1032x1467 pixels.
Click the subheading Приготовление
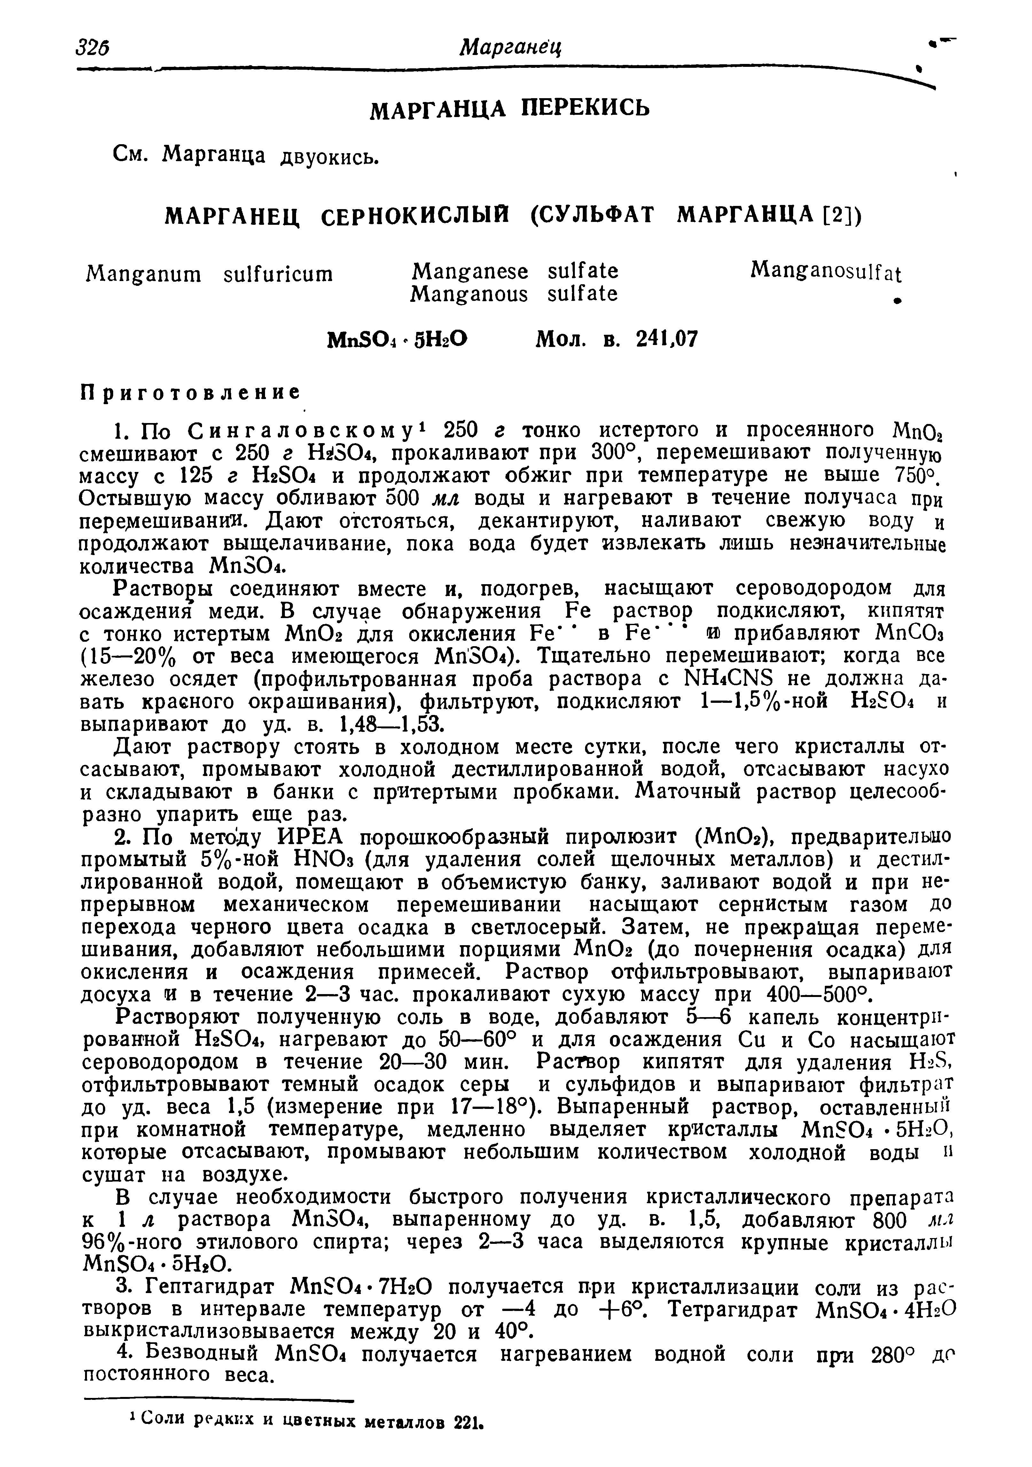pyautogui.click(x=190, y=391)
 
